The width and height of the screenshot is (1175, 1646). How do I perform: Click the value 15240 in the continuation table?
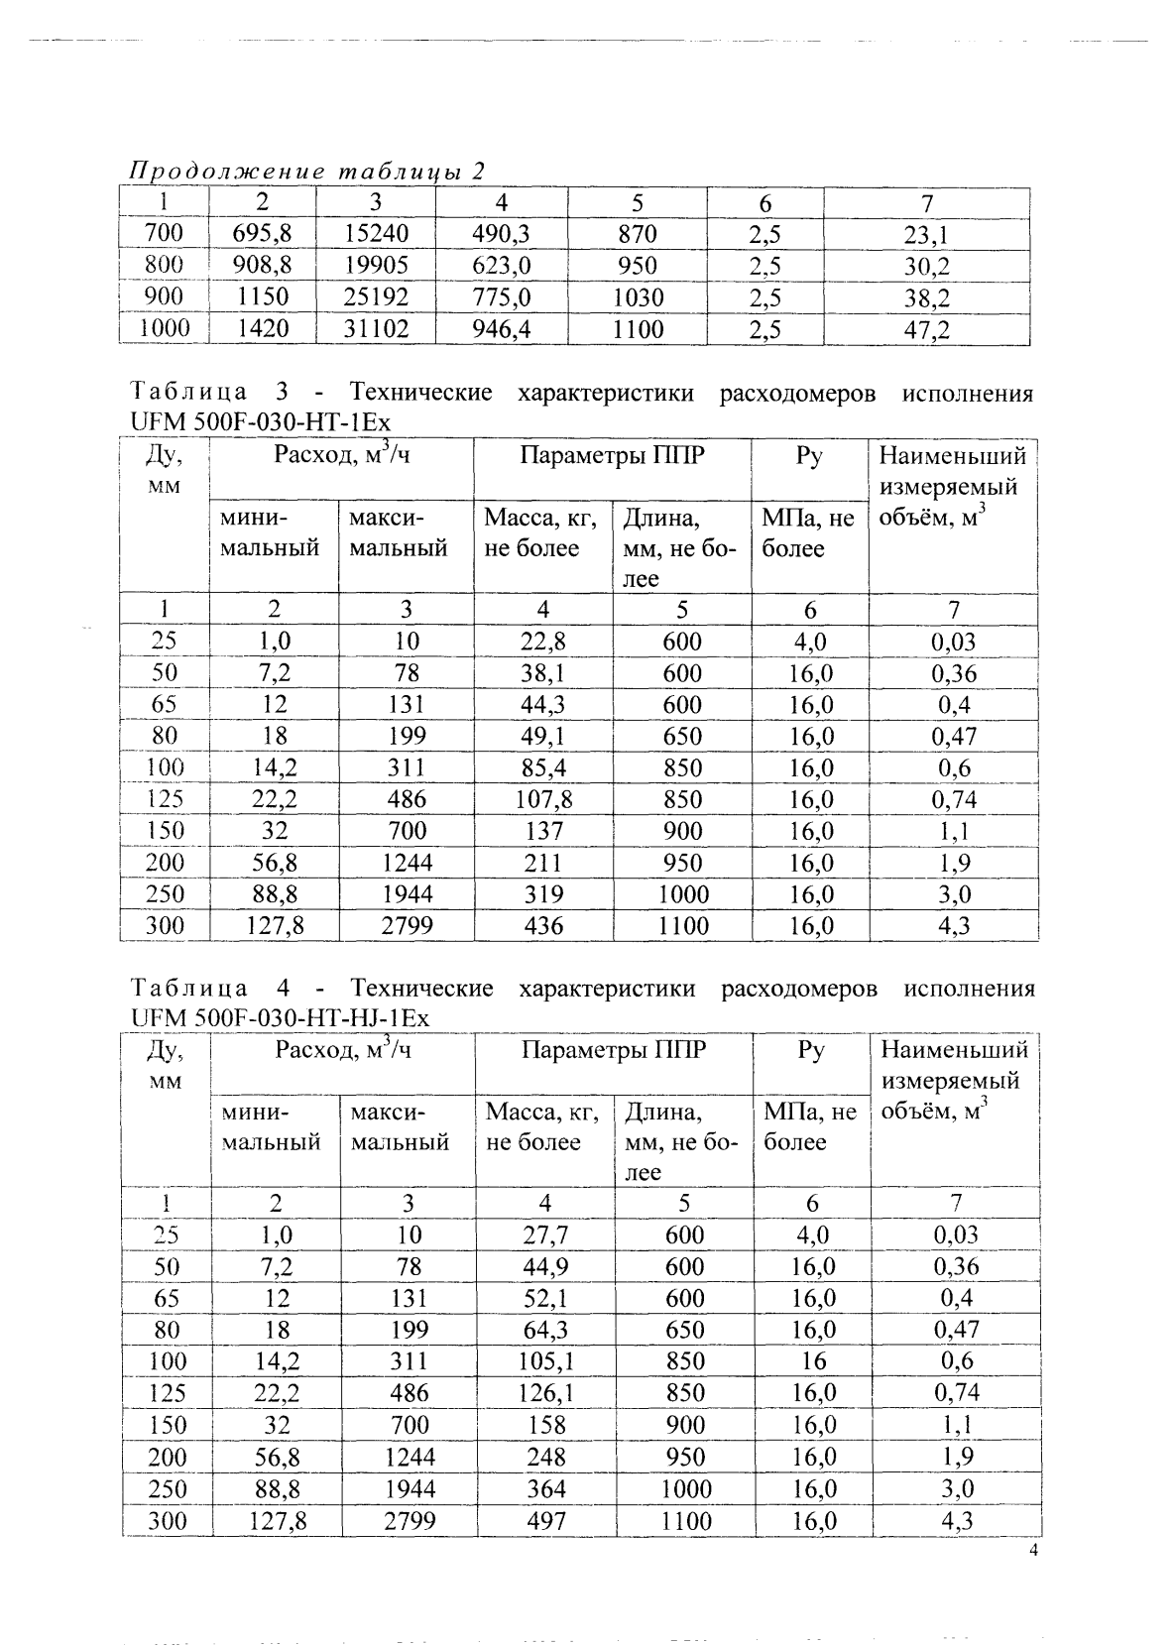coord(376,234)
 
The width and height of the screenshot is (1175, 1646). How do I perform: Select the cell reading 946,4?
coord(502,329)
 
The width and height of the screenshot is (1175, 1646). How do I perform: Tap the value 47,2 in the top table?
coord(926,329)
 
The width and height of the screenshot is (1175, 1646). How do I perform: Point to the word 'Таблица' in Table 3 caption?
coord(189,394)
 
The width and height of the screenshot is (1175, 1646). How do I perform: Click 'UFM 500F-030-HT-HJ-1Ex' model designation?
coord(280,1018)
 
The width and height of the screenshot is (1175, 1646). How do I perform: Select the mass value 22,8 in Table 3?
coord(542,642)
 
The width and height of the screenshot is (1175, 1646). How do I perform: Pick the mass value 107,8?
coord(542,799)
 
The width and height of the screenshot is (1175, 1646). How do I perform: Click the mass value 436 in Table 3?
coord(542,926)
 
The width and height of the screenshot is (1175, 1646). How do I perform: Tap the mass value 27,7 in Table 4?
coord(544,1234)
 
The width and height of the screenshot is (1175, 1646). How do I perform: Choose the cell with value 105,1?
coord(544,1361)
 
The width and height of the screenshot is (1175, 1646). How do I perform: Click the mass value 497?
coord(545,1520)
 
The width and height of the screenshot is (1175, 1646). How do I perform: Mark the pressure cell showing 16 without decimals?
coord(813,1361)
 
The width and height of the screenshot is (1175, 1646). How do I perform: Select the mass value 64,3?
coord(544,1330)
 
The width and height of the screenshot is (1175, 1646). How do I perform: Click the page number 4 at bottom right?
coord(1033,1554)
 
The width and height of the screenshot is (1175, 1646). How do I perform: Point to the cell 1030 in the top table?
coord(638,297)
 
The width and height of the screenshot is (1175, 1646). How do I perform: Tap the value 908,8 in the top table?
coord(262,266)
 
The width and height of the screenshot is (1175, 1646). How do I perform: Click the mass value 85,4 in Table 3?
coord(542,767)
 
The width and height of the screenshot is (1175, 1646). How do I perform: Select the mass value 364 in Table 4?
coord(545,1488)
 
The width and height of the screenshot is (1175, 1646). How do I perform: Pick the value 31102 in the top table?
coord(376,329)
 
